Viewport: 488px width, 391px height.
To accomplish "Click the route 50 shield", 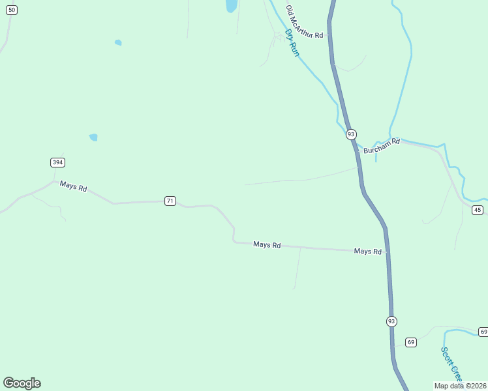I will [x=12, y=10].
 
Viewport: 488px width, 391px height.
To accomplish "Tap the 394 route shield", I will [x=57, y=162].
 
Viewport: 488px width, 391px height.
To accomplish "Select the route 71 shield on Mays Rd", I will [x=170, y=201].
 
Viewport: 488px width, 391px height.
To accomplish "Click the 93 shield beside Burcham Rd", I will [x=351, y=134].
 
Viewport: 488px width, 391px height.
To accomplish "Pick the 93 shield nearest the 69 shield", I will [x=391, y=321].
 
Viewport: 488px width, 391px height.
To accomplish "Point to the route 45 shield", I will [x=478, y=209].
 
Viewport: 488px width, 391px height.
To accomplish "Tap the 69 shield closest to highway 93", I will [x=410, y=342].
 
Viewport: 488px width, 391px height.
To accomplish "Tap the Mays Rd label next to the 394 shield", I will [x=73, y=186].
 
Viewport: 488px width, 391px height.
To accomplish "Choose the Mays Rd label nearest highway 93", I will [x=367, y=251].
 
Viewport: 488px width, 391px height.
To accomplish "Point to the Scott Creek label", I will [x=451, y=364].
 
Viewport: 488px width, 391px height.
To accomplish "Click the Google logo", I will [x=22, y=383].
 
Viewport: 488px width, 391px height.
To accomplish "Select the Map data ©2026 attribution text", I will [x=460, y=386].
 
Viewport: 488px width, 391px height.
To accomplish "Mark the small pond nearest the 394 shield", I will [x=93, y=138].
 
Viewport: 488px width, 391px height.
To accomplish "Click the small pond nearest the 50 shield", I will [x=118, y=43].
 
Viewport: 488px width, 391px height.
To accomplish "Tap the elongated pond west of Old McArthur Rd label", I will [x=231, y=6].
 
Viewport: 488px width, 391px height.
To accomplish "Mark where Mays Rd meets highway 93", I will [x=387, y=252].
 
